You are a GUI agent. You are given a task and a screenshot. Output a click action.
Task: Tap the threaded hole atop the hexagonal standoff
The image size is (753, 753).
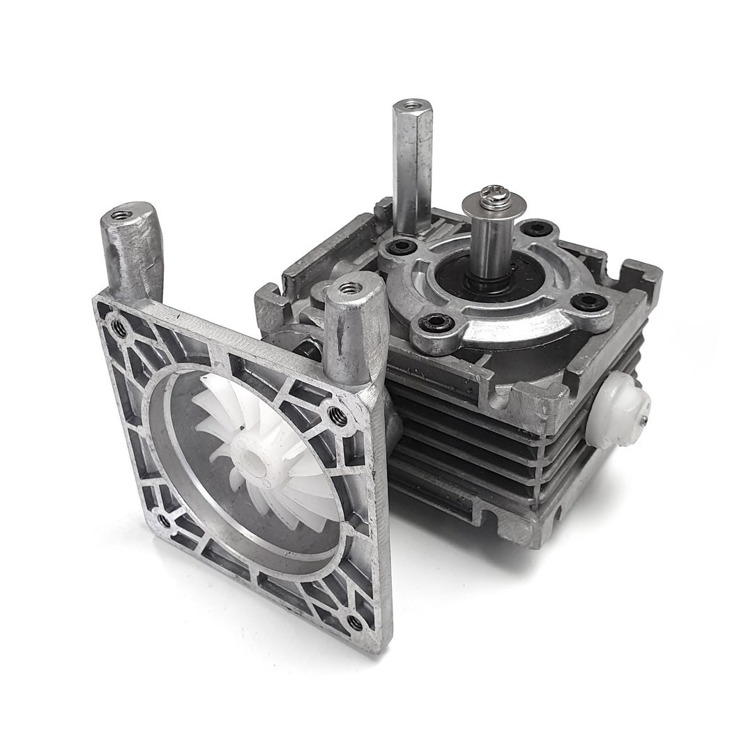[412, 106]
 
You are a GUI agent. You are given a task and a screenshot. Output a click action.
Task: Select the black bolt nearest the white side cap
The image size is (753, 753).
[587, 301]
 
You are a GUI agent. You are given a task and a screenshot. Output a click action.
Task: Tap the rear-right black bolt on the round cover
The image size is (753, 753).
[538, 228]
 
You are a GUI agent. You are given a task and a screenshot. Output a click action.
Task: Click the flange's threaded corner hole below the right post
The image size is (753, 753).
[339, 416]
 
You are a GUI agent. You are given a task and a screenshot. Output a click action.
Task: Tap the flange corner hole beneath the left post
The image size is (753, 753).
[119, 326]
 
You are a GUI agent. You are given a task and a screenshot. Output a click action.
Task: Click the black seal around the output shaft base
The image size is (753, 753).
[490, 282]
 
